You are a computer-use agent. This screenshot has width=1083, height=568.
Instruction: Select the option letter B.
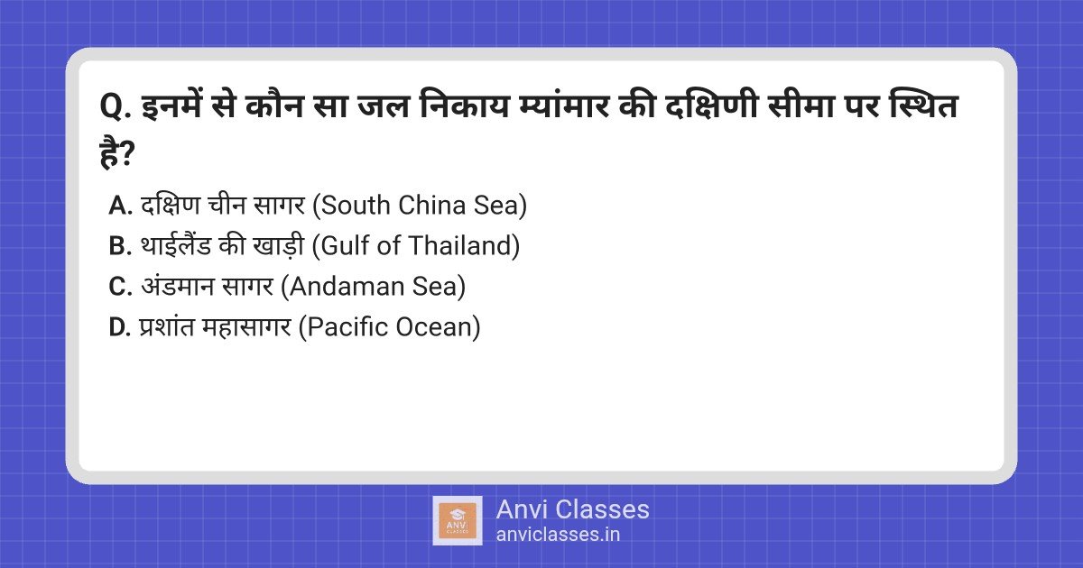pos(120,246)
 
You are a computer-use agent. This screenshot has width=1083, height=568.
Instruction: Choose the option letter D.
pos(120,327)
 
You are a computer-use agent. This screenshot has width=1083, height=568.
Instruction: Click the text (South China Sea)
pos(420,206)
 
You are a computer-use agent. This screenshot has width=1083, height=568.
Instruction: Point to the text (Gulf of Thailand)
pos(416,246)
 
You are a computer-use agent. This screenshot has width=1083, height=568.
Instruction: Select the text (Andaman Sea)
pos(374,287)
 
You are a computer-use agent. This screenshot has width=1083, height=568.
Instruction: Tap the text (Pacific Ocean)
pos(390,327)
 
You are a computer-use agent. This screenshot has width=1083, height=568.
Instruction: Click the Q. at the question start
pos(116,107)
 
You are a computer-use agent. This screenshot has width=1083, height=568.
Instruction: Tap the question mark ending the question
pos(125,153)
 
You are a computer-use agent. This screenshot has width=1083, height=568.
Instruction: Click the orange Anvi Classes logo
pos(458,521)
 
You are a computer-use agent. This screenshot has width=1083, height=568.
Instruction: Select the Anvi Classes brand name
pos(572,509)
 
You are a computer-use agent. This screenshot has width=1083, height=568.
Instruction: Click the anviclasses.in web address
pos(558,535)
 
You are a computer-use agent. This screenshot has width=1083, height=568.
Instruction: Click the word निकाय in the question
pos(465,105)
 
